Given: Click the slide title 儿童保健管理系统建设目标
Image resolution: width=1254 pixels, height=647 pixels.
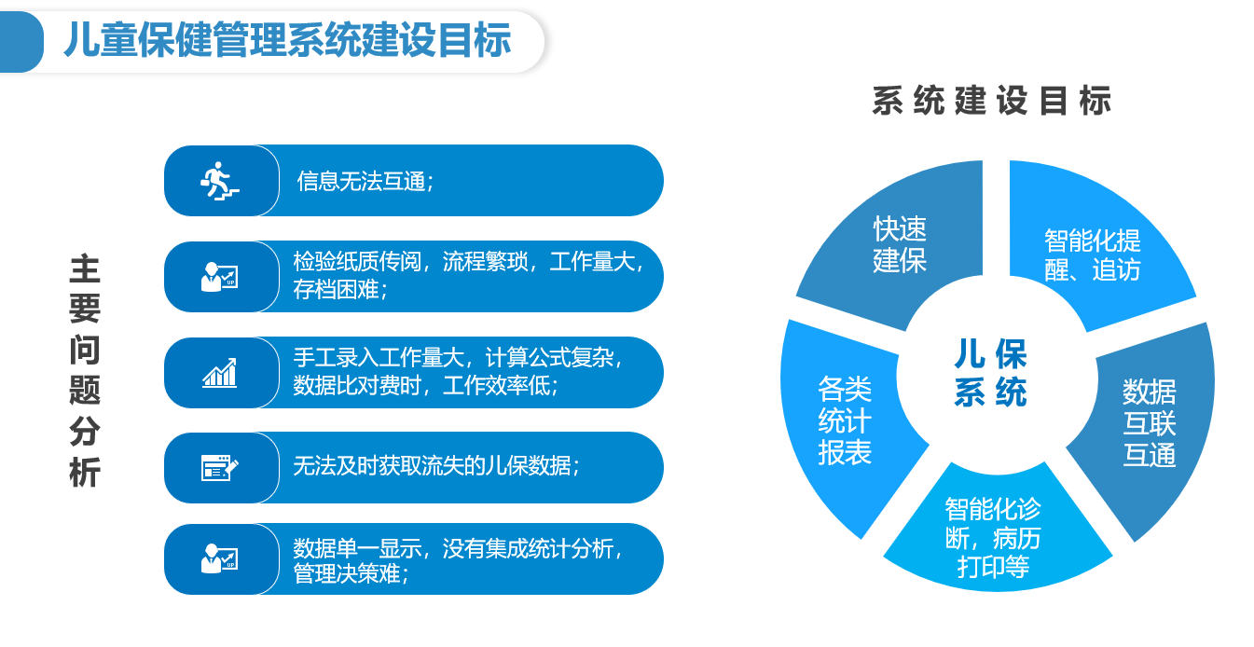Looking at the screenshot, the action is click(287, 40).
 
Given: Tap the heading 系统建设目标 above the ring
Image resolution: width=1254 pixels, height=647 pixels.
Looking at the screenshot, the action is click(991, 101).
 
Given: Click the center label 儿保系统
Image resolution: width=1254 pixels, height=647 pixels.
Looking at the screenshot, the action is click(990, 373).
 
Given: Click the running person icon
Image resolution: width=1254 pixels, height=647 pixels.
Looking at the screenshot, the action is click(219, 182).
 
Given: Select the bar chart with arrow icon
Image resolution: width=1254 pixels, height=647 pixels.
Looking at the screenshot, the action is click(219, 373).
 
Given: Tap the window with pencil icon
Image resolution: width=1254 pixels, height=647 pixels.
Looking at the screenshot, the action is click(219, 468).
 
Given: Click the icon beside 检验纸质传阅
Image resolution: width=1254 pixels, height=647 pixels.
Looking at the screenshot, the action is click(219, 277).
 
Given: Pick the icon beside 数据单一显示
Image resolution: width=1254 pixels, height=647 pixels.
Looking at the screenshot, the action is click(219, 558).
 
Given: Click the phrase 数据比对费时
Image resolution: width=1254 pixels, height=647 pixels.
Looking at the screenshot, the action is click(357, 385).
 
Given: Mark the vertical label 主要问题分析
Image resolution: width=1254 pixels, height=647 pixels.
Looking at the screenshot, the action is click(85, 370).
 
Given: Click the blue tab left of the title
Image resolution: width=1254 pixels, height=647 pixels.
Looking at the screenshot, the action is click(21, 42).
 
